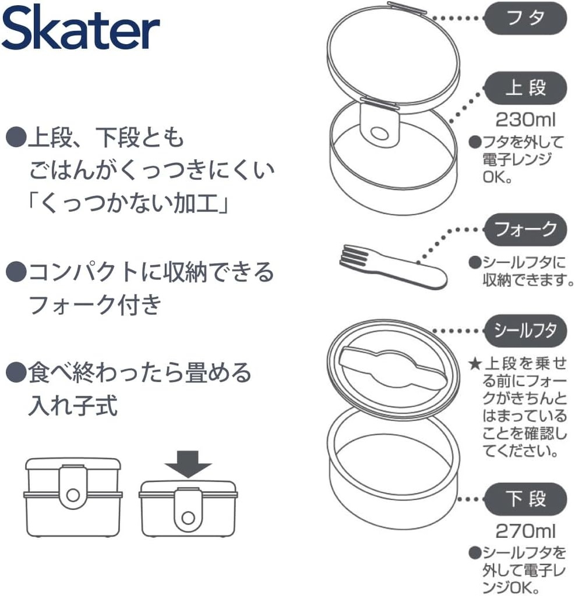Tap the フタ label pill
coord(525,18)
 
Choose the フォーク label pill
coord(525,229)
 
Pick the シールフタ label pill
coord(525,331)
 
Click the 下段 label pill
coord(525,499)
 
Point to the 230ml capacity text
coord(525,120)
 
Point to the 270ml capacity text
coord(525,531)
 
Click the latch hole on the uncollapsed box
coord(73,494)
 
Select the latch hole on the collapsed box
coord(188,516)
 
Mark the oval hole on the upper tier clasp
coord(379,134)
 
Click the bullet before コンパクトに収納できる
coord(15,272)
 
